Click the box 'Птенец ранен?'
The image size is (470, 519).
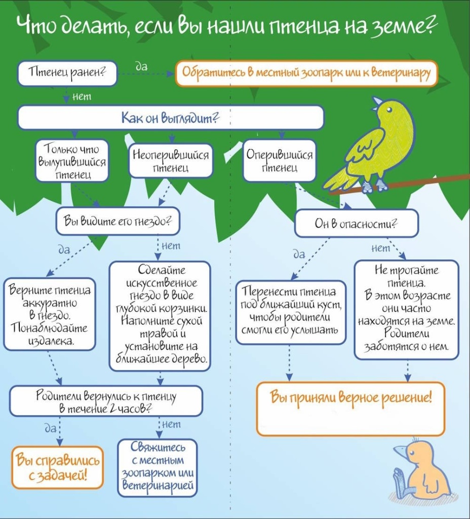(67, 73)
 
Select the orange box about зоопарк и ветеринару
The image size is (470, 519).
(306, 73)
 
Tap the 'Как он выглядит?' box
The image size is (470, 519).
(170, 118)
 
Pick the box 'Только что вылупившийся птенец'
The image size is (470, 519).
(72, 161)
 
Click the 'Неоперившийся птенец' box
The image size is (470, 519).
(170, 161)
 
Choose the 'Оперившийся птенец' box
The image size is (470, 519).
(280, 161)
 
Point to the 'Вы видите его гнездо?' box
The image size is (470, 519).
(117, 221)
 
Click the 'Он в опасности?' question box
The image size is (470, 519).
(356, 224)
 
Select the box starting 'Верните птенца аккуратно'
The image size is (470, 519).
(50, 314)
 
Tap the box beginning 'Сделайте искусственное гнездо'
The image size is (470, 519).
(160, 316)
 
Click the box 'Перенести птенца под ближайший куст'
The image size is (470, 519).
(291, 312)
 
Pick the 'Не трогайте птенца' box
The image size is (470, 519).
(407, 310)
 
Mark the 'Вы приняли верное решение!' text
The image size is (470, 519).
(351, 396)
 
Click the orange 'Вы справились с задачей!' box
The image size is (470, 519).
(58, 467)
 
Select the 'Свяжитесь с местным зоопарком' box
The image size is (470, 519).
(158, 468)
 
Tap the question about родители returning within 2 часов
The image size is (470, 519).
(106, 401)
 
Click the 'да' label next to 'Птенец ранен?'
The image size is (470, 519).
(142, 66)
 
